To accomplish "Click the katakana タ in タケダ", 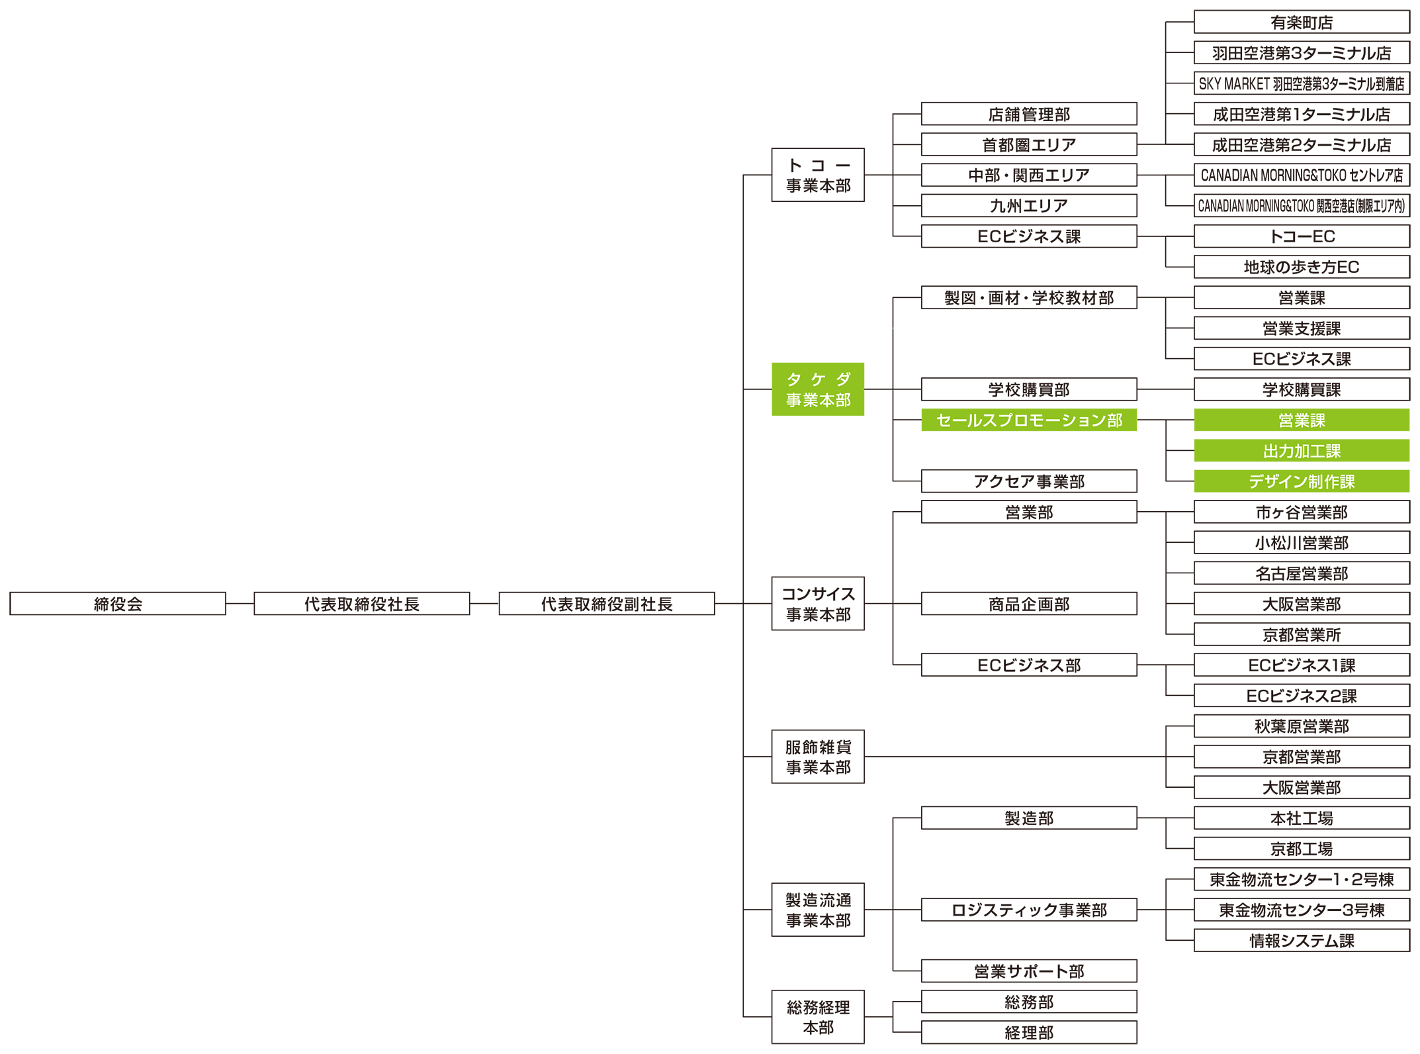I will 794,379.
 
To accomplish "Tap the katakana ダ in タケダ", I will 844,379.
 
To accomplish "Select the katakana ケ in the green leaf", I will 819,379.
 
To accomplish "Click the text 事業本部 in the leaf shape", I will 819,401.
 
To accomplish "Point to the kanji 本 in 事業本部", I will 827,401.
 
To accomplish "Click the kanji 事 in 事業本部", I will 794,401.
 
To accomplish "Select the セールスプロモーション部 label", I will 1029,421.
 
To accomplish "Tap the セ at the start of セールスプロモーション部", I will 944,421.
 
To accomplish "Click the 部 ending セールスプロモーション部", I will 1115,421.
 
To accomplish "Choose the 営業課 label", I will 1302,421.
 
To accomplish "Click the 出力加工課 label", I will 1302,452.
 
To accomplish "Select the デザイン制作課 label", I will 1302,482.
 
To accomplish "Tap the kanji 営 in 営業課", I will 1286,421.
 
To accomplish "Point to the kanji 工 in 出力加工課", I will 1317,452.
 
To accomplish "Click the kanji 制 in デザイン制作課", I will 1316,482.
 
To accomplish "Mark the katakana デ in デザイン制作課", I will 1256,482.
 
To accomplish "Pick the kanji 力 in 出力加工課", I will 1286,452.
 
